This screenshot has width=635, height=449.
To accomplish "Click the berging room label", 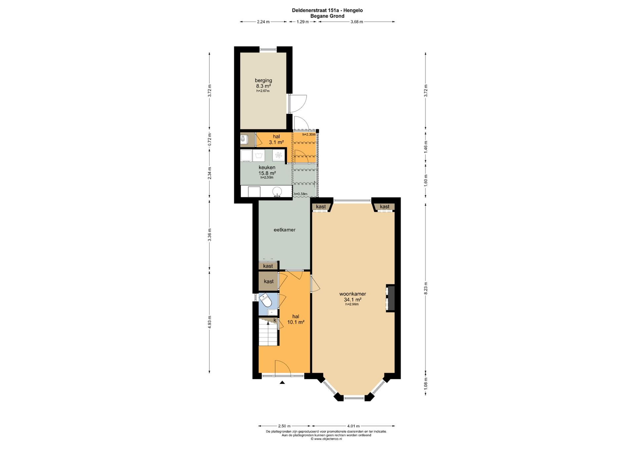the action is coord(263,80).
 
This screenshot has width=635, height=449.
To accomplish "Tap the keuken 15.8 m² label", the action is coord(267,170).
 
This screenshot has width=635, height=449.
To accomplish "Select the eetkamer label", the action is coord(284,230).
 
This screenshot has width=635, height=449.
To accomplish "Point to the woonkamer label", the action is coord(353,294).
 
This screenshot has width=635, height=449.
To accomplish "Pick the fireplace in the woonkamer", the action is coord(390,298).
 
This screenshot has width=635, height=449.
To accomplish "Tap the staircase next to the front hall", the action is coord(268,332).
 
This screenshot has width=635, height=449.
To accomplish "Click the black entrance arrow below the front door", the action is coord(282,383).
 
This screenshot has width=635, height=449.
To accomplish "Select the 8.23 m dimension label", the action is coord(426,288).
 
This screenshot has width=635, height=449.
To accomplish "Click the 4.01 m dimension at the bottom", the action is coord(353,426).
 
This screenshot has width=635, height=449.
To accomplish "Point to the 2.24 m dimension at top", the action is coord(263,22).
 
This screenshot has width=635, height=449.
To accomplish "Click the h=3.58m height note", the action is coord(301,194).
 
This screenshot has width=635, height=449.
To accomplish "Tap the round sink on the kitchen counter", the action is coord(277,191).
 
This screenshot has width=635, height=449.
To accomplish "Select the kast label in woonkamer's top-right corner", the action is coord(385,207).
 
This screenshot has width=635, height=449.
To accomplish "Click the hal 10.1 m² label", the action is coord(296,319).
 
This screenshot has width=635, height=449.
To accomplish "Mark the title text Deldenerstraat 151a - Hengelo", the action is coord(327,10).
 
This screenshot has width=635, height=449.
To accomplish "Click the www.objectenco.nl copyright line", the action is coord(326,439).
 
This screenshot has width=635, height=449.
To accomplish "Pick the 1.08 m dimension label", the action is coord(426,384).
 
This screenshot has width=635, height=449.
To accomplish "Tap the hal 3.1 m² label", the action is coord(276,140).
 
